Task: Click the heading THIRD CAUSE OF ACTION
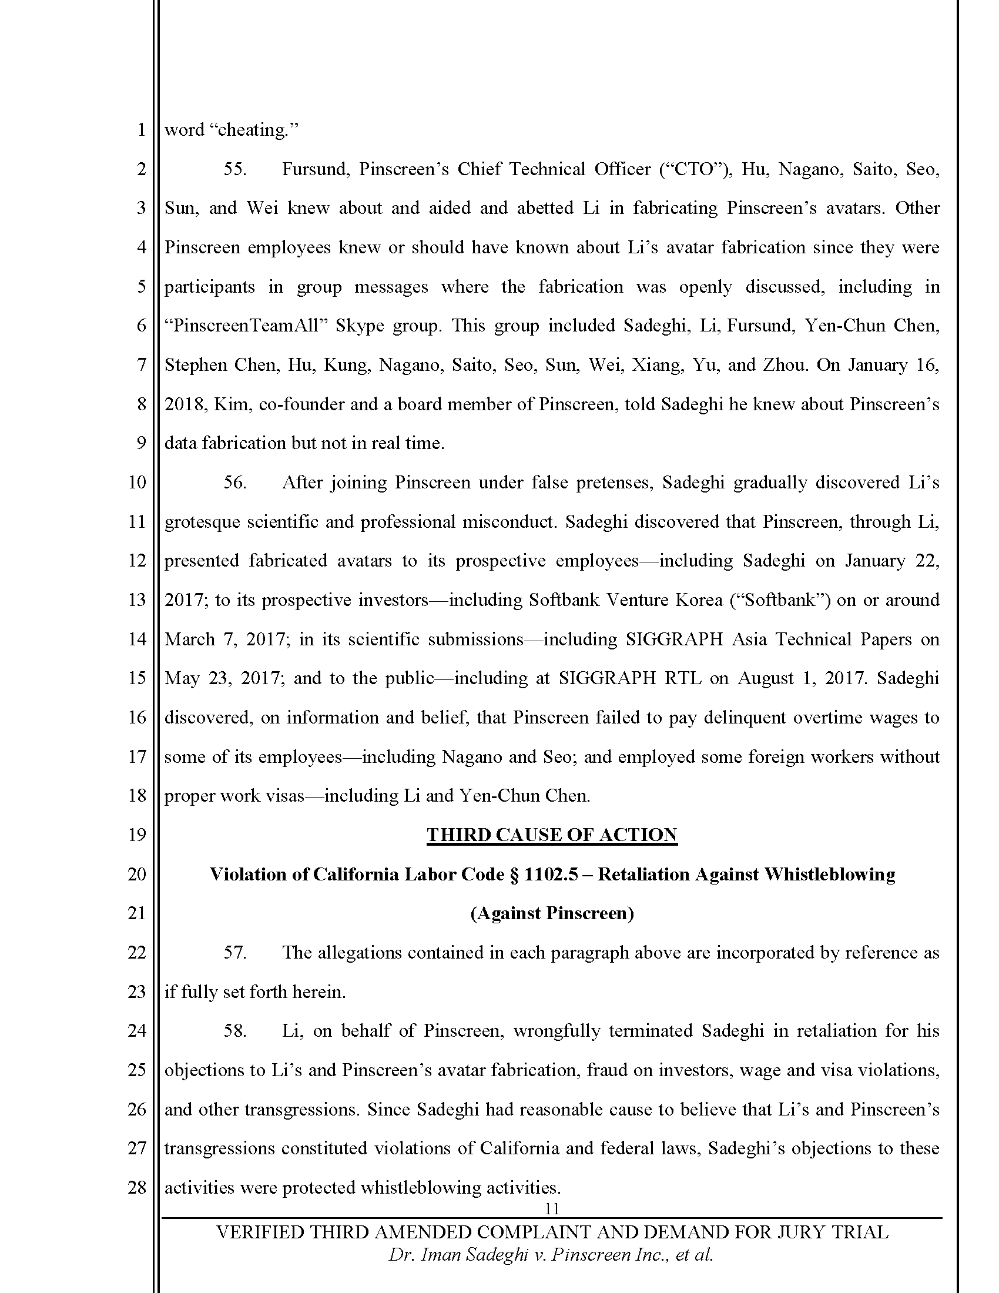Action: click(x=552, y=835)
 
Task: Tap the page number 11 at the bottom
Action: click(x=552, y=1208)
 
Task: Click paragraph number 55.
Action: click(x=234, y=169)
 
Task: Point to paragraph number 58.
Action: click(x=234, y=1031)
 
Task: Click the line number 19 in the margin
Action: click(x=137, y=835)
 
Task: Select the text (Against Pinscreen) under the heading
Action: click(x=552, y=913)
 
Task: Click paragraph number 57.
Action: click(x=234, y=953)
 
